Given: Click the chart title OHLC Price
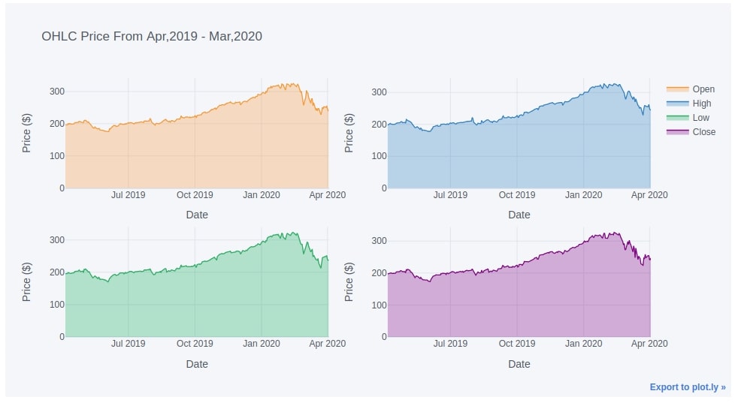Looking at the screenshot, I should [152, 36].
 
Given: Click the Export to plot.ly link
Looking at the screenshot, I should [688, 387].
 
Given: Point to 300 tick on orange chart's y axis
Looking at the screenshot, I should [57, 92].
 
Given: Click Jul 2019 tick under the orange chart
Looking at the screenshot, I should [129, 195].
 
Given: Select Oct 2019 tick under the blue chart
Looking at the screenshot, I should [517, 195].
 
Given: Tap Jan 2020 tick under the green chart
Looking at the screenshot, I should [262, 344].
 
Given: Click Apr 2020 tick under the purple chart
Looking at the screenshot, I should [649, 344].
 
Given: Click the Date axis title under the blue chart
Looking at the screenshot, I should [519, 215].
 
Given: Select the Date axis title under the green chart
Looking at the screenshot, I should [197, 364].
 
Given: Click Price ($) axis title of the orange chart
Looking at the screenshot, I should [27, 132].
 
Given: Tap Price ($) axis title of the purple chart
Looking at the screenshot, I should [349, 281].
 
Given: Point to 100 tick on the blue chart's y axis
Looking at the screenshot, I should [379, 156].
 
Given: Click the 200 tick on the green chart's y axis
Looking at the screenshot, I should [57, 272].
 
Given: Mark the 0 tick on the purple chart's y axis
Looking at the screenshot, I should [383, 337].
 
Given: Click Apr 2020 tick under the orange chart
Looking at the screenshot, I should [328, 195].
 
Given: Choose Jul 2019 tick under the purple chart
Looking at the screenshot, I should [450, 344].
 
